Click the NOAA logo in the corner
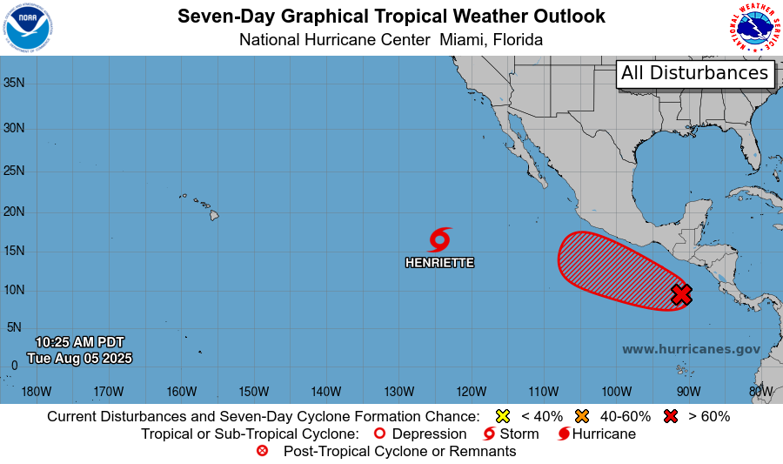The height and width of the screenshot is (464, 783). click(x=28, y=27)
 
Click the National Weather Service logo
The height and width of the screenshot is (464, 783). click(x=753, y=27)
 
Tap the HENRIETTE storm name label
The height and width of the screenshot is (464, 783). click(x=439, y=262)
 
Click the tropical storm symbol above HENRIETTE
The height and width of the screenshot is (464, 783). click(x=439, y=239)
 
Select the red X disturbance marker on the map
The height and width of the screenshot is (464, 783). click(x=682, y=294)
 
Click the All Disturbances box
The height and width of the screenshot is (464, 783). click(x=695, y=73)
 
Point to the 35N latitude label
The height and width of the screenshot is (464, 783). click(x=13, y=83)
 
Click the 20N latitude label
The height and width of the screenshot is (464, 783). click(x=13, y=212)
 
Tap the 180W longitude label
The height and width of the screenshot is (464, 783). click(x=36, y=391)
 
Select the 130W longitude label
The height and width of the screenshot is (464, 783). click(x=398, y=391)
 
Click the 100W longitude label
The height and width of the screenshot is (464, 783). click(x=615, y=391)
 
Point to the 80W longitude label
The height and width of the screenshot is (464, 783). click(x=760, y=391)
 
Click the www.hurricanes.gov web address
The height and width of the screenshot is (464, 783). click(x=691, y=349)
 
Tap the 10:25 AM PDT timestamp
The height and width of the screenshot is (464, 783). click(x=80, y=342)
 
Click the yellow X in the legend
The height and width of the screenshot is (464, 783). click(x=502, y=416)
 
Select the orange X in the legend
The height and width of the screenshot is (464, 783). click(x=583, y=416)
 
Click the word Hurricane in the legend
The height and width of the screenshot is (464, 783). click(x=604, y=434)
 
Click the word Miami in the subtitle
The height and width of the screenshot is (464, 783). click(x=463, y=40)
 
